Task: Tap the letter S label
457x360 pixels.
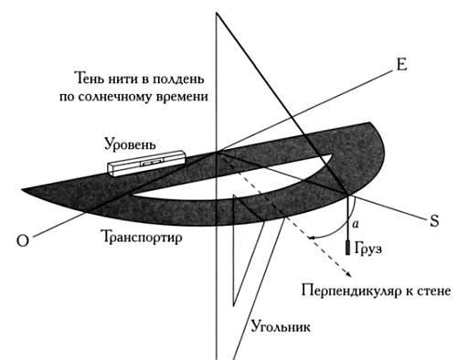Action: [436, 219]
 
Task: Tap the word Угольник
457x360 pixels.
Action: [281, 326]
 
